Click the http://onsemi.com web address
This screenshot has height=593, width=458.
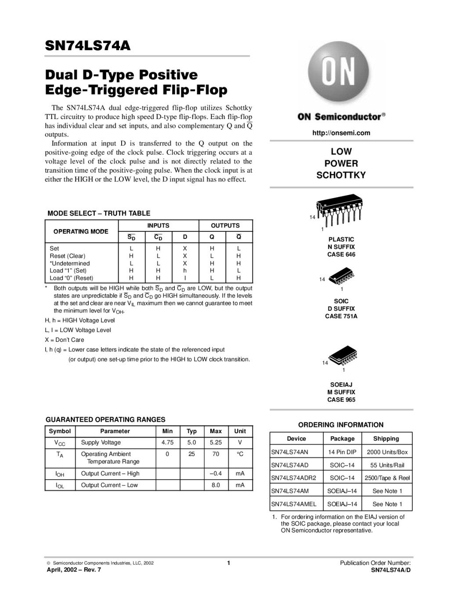[341, 133]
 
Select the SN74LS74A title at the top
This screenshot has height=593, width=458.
[88, 46]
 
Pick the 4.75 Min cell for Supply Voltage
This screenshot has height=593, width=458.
[167, 443]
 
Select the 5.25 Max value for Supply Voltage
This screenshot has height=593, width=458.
[216, 443]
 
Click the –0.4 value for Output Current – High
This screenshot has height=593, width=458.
[216, 474]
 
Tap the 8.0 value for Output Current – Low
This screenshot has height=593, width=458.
[216, 485]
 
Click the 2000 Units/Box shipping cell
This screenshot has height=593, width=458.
[387, 452]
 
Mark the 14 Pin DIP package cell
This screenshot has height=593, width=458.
[342, 452]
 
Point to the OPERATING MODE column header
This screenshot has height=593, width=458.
[81, 231]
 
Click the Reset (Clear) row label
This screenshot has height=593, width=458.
[68, 256]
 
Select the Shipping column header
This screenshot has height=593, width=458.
[386, 439]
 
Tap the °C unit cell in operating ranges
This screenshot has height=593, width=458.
[240, 454]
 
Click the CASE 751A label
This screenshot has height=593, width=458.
[341, 316]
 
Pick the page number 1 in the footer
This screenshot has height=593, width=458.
[229, 563]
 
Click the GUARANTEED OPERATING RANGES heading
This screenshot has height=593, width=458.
[105, 419]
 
